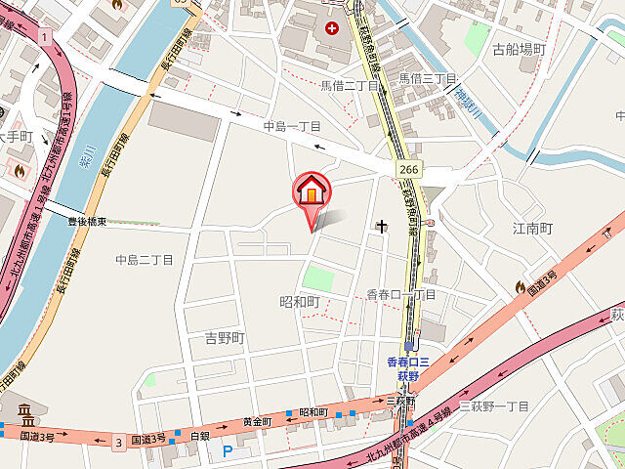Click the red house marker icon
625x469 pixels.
[x=312, y=191]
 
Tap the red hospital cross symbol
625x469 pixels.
[x=332, y=29]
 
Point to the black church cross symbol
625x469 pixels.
[x=382, y=229]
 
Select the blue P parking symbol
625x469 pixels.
[x=228, y=451]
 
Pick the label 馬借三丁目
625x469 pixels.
[x=428, y=77]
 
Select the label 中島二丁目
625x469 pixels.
[x=144, y=260]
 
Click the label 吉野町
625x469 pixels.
[x=224, y=338]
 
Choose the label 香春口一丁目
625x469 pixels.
[x=400, y=294]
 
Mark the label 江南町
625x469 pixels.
[x=533, y=229]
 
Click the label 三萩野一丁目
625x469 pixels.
[x=493, y=406]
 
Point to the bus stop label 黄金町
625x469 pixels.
[x=257, y=421]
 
